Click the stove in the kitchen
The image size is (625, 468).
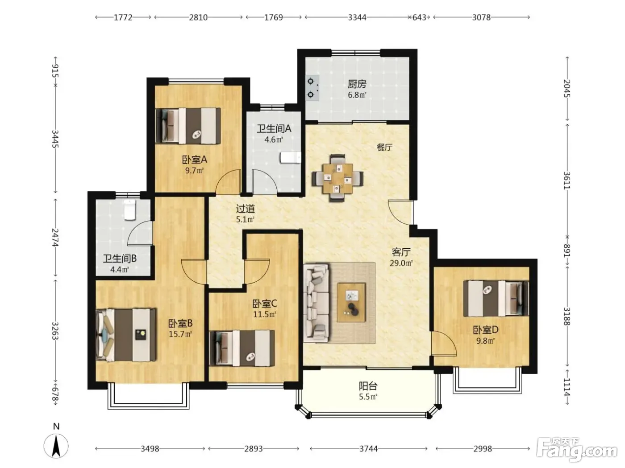click(312, 88)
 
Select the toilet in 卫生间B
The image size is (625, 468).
click(130, 209)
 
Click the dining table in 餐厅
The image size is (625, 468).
click(337, 178)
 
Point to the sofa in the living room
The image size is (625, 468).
click(316, 303)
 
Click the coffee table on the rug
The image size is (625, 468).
click(351, 303)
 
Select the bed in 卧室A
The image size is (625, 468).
click(188, 125)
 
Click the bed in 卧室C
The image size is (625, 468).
click(242, 348)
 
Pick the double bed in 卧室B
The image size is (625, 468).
click(126, 335)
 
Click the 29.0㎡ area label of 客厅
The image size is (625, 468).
click(401, 263)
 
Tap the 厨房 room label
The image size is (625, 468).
click(357, 84)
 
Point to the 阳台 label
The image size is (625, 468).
click(368, 386)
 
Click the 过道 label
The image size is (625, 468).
click(246, 209)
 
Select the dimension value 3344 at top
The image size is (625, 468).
click(357, 17)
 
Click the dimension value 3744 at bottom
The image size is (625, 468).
click(368, 449)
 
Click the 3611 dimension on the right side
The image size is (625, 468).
click(567, 181)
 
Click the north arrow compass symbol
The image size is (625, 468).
click(56, 446)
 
